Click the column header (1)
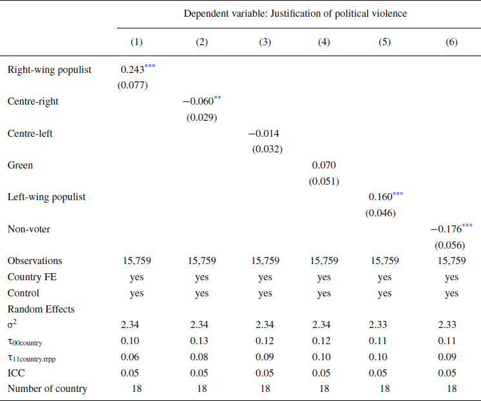tap(136, 42)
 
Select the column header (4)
tap(324, 42)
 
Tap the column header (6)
tap(451, 42)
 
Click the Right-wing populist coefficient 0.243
tap(132, 69)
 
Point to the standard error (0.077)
tap(132, 85)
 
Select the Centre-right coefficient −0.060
tap(198, 101)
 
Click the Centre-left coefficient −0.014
tap(264, 134)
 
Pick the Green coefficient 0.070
tap(323, 165)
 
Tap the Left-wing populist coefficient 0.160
tap(380, 197)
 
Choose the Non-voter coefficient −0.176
tap(446, 229)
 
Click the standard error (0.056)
tap(449, 245)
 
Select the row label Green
tap(20, 165)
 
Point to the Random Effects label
tap(41, 309)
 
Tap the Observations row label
tap(35, 261)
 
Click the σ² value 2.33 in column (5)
tap(384, 325)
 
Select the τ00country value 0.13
tap(201, 341)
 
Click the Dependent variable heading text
tap(296, 13)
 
